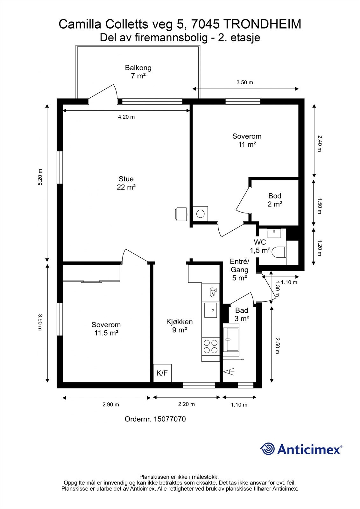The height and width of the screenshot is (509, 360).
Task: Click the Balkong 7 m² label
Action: (138, 72)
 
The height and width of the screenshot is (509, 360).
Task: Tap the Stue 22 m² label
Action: (126, 183)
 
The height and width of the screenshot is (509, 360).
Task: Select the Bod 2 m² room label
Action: (275, 200)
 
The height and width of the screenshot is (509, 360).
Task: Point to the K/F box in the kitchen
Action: (162, 373)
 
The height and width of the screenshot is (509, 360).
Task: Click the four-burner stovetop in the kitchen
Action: (211, 347)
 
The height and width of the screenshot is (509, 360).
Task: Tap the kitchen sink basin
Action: (210, 310)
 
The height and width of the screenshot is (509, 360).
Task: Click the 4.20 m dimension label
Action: (126, 117)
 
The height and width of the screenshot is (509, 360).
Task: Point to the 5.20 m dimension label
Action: (40, 177)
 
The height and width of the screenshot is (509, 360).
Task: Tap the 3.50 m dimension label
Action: (245, 82)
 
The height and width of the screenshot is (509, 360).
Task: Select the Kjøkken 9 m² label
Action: (180, 326)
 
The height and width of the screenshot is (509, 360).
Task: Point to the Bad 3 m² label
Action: (242, 314)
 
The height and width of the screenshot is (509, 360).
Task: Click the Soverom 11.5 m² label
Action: (106, 329)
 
